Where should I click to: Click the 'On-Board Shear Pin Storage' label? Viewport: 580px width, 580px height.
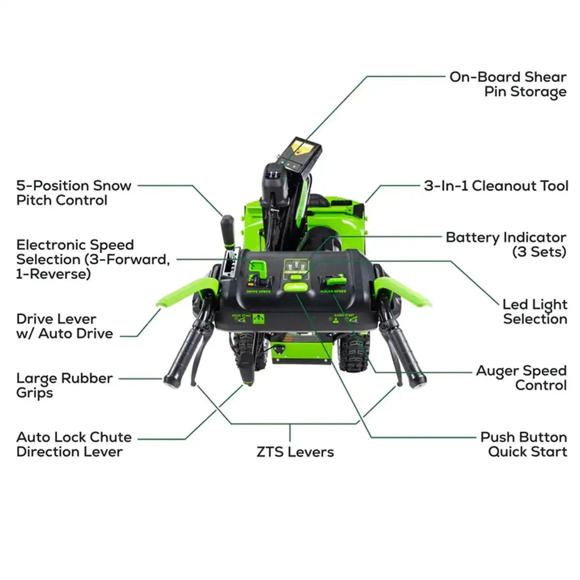[x=507, y=84]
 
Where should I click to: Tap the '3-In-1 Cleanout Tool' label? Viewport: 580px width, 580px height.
[x=496, y=186]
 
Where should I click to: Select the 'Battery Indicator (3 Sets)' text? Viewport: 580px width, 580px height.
[x=506, y=245]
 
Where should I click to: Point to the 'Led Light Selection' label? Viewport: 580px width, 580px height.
[x=535, y=312]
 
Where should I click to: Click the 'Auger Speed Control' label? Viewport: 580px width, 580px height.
[x=521, y=378]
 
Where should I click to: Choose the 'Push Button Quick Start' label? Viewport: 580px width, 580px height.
[x=523, y=444]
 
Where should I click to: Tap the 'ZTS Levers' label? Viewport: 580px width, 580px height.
[x=295, y=452]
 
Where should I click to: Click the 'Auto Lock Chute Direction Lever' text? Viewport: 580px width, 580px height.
[x=73, y=444]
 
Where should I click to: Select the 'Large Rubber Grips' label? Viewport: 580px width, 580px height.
[x=64, y=385]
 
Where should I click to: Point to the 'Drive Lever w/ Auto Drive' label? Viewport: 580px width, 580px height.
[x=64, y=326]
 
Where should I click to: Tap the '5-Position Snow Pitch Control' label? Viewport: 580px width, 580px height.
[x=73, y=193]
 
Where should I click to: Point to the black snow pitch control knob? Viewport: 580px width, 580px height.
[x=228, y=231]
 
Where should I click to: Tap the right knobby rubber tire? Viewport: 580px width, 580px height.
[x=354, y=350]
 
